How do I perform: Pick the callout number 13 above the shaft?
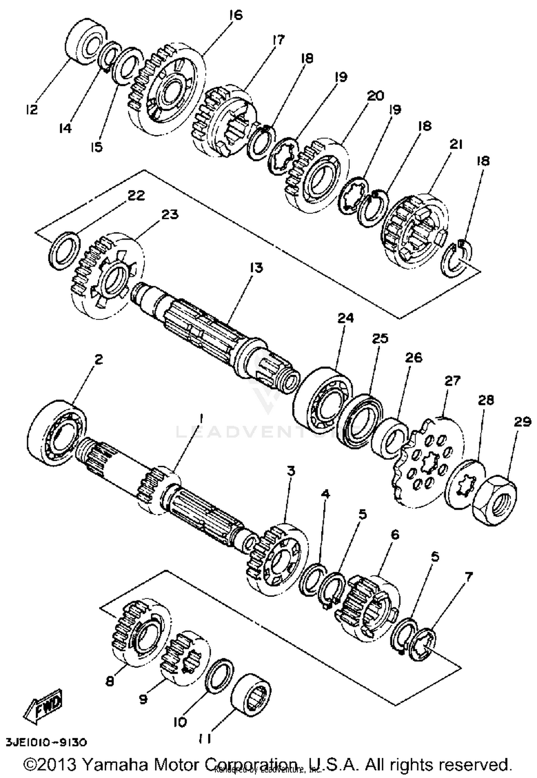tap(256, 268)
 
